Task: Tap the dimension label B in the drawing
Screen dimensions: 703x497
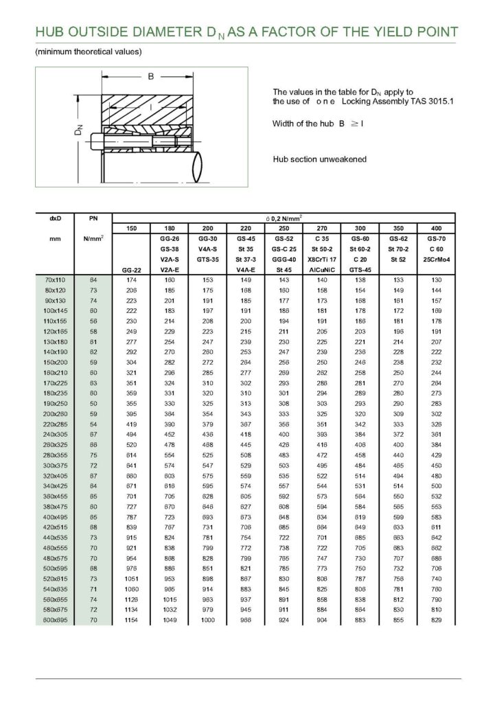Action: click(x=150, y=77)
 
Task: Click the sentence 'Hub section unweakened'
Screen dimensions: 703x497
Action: click(x=319, y=159)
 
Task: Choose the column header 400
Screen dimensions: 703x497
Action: click(x=435, y=227)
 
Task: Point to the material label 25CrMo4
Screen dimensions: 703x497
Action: click(x=435, y=262)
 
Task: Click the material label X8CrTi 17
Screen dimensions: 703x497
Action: click(x=321, y=262)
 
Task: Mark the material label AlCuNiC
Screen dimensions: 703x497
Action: click(x=321, y=270)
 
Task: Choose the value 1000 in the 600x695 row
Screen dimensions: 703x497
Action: click(x=207, y=620)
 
